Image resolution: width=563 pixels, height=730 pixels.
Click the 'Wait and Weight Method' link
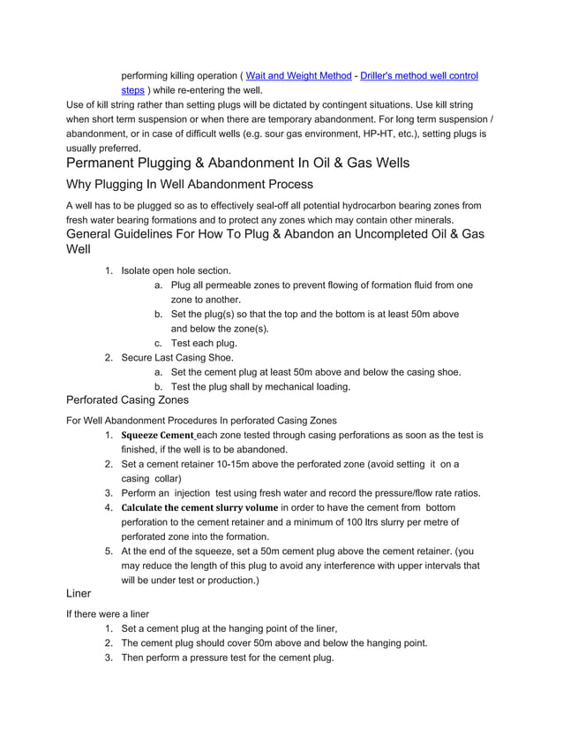coord(297,76)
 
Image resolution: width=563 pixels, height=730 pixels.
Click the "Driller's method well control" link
coord(419,76)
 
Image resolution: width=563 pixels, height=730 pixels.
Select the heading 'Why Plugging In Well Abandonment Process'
coord(190,185)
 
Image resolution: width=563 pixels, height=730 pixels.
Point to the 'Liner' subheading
coord(80,595)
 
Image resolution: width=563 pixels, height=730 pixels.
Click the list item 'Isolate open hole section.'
coord(176,270)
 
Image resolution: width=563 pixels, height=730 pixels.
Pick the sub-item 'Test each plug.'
coord(203,343)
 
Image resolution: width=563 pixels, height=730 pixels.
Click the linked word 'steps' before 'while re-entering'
coord(132,90)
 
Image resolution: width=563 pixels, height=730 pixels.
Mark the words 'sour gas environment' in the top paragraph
coord(289,133)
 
